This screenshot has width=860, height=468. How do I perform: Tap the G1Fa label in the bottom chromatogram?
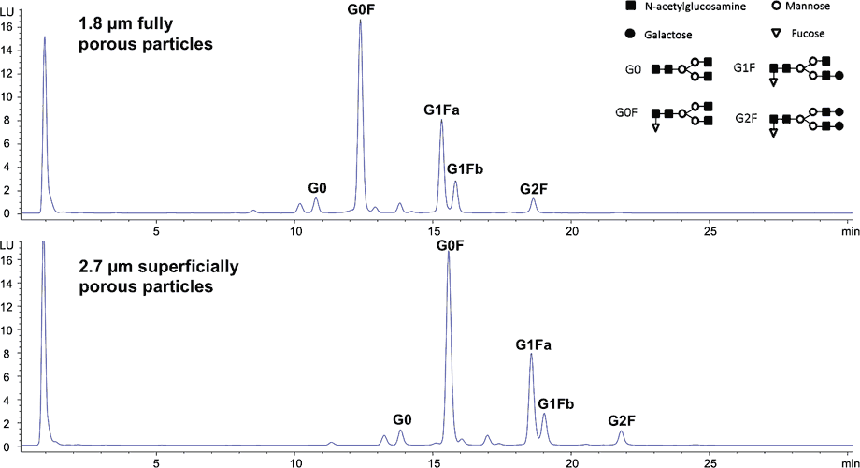533,345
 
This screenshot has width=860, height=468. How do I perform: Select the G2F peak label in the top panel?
534,189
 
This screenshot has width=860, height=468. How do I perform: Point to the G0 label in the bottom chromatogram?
402,420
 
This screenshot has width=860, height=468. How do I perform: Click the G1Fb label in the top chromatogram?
465,169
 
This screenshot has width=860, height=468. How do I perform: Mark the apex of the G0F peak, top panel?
360,20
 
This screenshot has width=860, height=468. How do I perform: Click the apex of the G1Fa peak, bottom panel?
531,354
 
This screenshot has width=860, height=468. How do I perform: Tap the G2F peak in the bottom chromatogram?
622,431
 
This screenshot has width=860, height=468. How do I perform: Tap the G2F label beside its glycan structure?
745,119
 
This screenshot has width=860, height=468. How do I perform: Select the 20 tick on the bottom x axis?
572,461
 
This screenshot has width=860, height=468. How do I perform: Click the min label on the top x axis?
849,227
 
